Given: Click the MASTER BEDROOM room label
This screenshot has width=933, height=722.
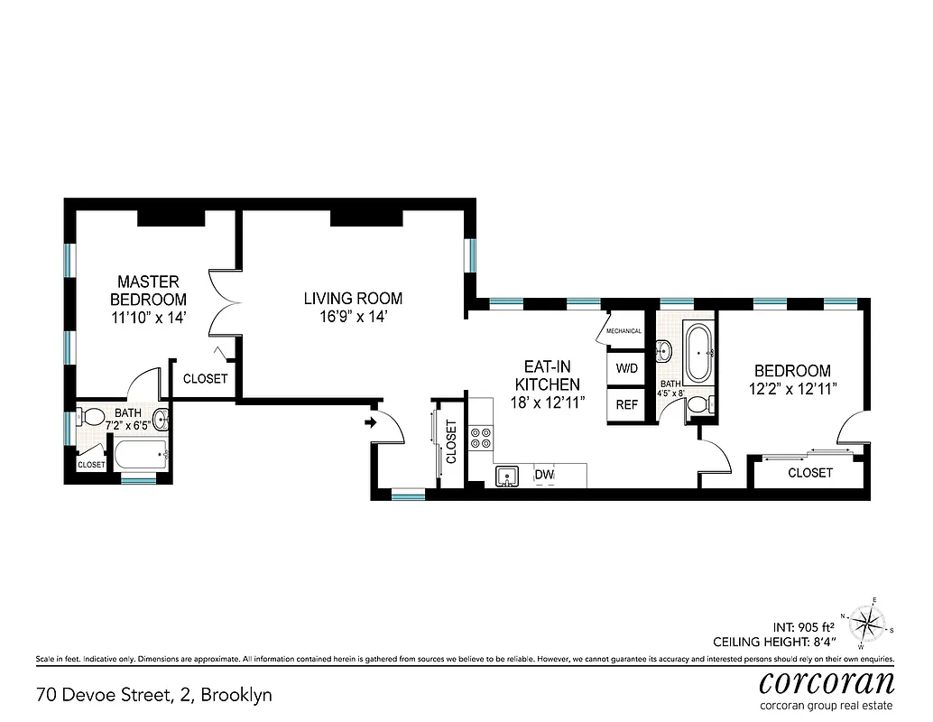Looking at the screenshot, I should click(x=149, y=291).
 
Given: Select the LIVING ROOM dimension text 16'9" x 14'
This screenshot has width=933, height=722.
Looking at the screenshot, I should click(x=353, y=317).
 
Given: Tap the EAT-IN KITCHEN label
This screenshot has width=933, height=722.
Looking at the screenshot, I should click(x=552, y=375).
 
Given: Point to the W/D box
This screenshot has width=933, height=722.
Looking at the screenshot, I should click(x=627, y=369).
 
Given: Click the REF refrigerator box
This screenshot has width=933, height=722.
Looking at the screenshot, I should click(x=627, y=404).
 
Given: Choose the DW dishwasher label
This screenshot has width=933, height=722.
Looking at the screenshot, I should click(x=544, y=475).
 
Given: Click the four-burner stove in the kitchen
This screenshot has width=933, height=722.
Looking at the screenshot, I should click(x=481, y=438).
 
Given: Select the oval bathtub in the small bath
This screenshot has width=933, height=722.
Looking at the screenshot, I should click(x=700, y=354).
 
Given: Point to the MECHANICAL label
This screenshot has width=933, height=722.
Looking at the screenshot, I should click(x=624, y=331).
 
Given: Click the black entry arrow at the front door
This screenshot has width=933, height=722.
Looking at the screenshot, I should click(x=370, y=421).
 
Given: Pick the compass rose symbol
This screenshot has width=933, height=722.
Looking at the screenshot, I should click(x=870, y=622).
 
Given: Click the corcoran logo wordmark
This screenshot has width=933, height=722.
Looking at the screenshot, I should click(x=827, y=681).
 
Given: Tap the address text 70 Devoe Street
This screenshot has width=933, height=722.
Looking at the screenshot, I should click(x=154, y=695).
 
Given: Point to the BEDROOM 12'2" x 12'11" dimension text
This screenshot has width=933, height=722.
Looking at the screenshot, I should click(x=792, y=389).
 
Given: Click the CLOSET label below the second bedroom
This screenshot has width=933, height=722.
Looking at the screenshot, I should click(x=810, y=473).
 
